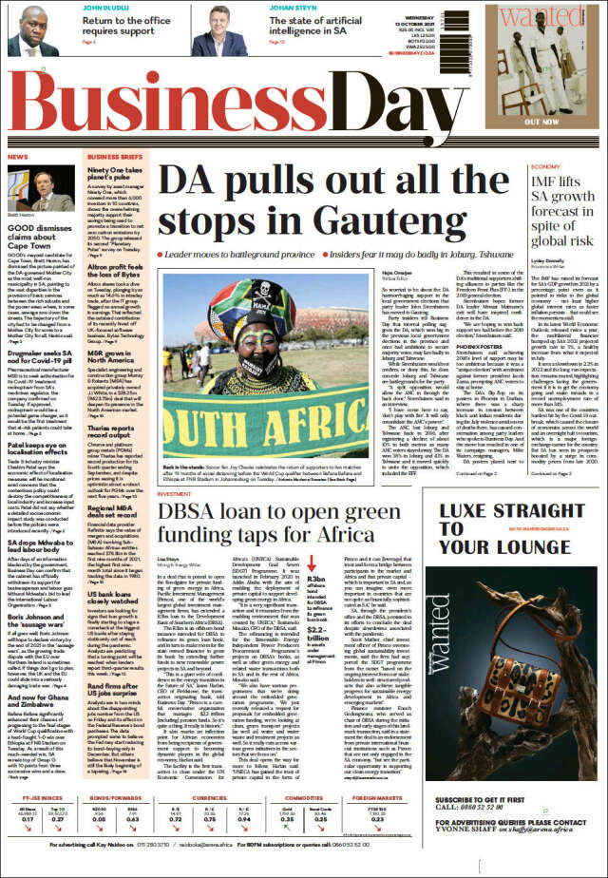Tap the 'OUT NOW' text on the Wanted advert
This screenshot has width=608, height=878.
567,121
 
